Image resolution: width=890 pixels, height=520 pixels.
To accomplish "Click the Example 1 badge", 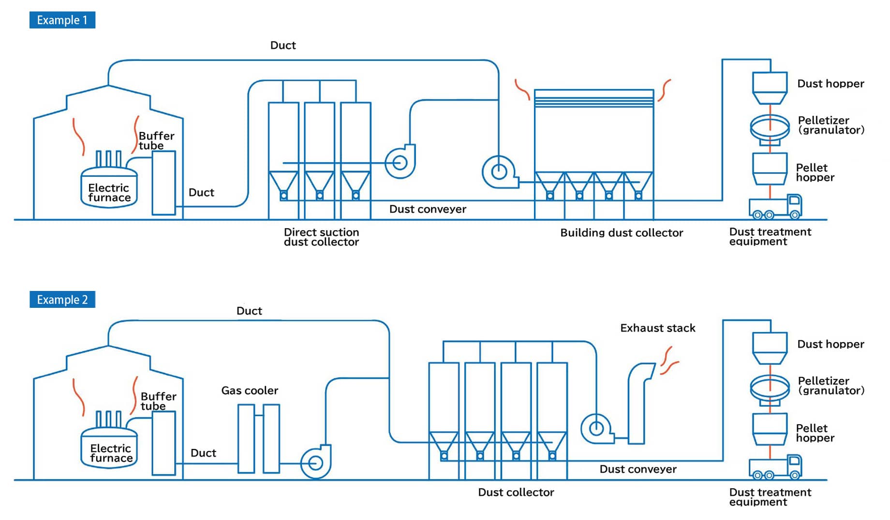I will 62,20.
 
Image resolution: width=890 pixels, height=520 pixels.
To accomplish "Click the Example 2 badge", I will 62,300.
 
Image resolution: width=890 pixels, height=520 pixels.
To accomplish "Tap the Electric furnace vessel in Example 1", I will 109,188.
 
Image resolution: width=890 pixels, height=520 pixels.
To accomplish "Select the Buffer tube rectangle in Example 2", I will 163,443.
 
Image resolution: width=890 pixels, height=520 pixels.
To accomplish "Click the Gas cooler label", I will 250,390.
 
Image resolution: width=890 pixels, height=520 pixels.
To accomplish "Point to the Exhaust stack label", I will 657,328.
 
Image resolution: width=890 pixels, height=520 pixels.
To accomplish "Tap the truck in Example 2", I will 775,467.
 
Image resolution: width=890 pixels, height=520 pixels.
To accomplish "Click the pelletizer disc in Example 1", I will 770,127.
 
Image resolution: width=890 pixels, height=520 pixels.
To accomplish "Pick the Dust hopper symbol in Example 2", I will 770,348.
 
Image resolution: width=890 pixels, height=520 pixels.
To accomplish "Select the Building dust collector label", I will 622,233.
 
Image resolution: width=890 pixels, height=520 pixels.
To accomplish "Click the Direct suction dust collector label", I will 321,237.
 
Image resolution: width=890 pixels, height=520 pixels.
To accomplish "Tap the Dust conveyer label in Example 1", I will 428,209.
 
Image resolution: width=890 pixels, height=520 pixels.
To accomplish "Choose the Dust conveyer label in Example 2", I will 638,469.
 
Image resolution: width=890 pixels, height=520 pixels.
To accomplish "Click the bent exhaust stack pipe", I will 638,404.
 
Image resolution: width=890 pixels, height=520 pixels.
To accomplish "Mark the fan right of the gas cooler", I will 315,462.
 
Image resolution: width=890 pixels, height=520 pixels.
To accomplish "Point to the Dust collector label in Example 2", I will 516,492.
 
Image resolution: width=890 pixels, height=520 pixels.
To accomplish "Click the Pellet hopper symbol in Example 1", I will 770,169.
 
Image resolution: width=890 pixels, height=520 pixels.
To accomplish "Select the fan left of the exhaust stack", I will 596,428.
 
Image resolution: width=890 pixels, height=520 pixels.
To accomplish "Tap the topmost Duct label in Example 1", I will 283,45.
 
